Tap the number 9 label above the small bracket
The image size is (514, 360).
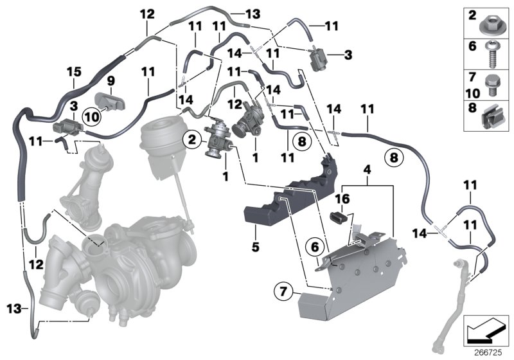pos(110,80)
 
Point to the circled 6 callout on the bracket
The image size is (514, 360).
pos(315,246)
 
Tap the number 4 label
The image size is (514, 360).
pos(366,171)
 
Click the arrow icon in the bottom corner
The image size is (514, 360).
pos(486,330)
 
